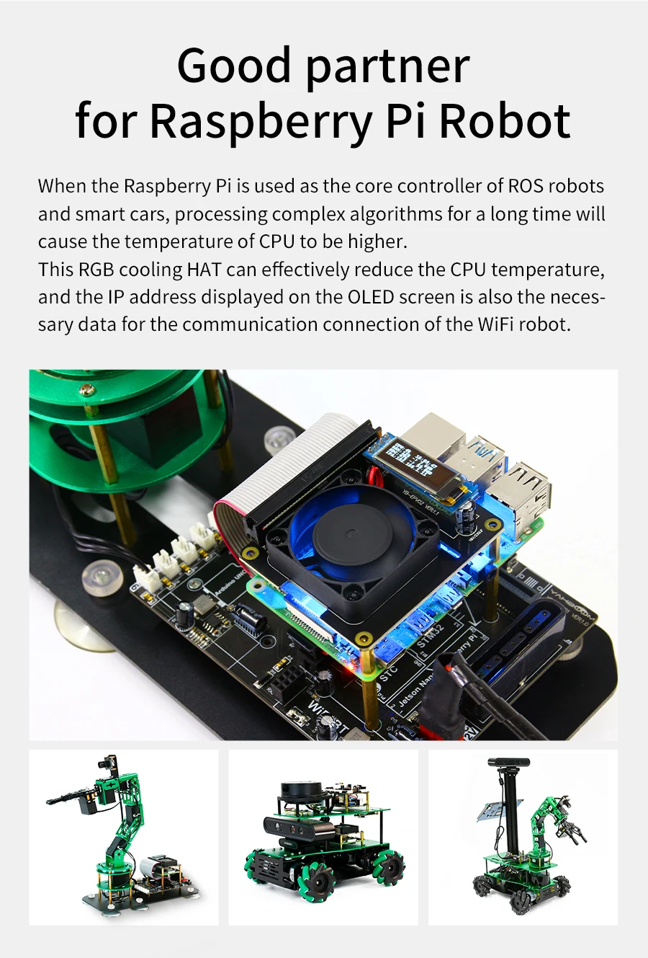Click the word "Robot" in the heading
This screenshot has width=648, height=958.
click(504, 120)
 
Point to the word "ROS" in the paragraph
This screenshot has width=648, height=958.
click(526, 186)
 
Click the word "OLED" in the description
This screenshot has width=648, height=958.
click(370, 297)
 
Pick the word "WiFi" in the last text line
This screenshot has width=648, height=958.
click(495, 324)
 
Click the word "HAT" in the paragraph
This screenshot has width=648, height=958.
click(204, 270)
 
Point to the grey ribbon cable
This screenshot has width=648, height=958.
click(288, 461)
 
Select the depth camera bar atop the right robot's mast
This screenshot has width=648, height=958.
click(508, 762)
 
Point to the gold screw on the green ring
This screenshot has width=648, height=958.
click(86, 390)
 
